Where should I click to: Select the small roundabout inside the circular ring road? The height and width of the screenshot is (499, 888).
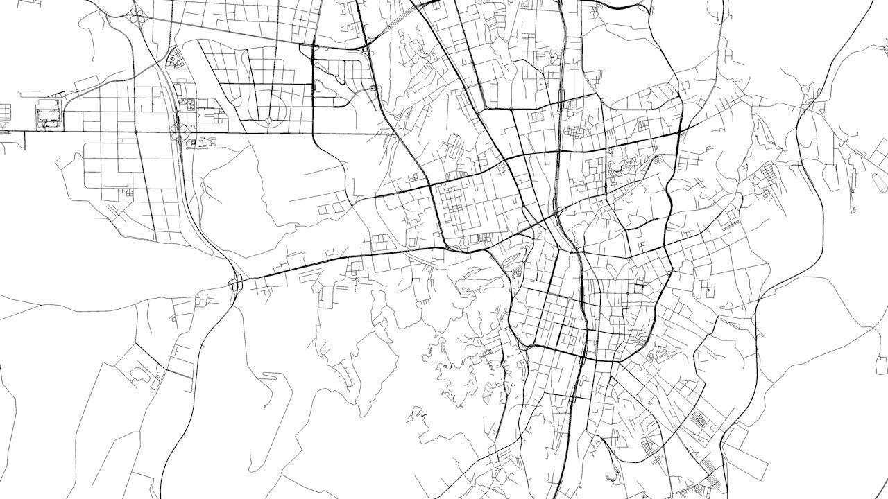268,121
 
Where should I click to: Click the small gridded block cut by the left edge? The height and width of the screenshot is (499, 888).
5,111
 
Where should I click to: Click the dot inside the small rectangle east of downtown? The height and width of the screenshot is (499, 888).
708,290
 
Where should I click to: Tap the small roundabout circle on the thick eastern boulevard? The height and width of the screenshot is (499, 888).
668,273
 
